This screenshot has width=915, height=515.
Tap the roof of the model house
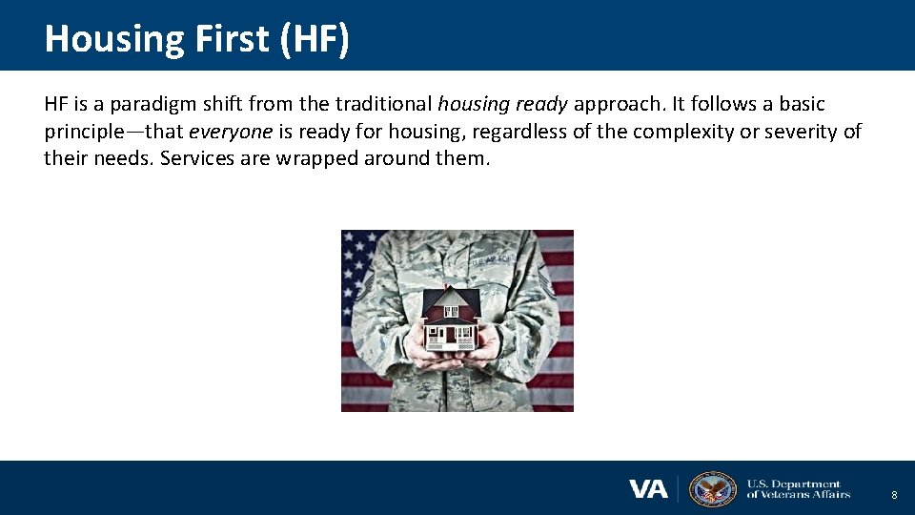450,299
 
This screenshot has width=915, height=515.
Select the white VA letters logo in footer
648,489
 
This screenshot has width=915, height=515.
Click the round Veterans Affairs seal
712,488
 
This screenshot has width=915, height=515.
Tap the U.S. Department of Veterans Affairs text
798,489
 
